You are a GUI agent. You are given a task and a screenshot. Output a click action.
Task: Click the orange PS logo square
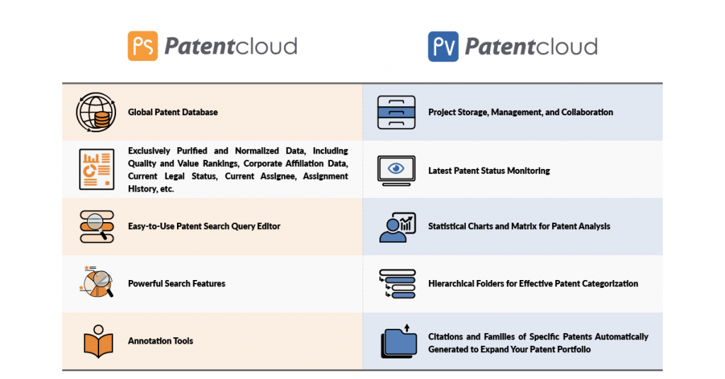point(143,46)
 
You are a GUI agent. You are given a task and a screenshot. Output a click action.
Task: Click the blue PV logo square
point(443,46)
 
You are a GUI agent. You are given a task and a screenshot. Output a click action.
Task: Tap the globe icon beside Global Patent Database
point(96,112)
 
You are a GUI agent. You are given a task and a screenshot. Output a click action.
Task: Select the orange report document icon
point(96,170)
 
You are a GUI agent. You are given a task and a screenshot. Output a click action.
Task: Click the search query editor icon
point(96,227)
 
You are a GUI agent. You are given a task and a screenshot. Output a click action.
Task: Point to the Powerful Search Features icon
point(96,281)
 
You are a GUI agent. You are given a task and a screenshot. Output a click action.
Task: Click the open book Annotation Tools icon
point(98,341)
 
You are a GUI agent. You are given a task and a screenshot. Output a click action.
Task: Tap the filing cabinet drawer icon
point(396,112)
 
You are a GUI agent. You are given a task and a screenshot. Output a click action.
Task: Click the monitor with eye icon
point(396,170)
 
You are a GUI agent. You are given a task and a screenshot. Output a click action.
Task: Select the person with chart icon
point(397,227)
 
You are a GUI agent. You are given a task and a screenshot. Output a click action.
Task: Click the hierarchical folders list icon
point(397,284)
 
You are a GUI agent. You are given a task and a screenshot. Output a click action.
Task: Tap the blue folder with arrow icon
point(399,341)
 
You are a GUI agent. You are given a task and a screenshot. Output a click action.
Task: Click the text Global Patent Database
point(173,112)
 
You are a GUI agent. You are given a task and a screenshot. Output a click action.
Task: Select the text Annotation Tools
point(161,341)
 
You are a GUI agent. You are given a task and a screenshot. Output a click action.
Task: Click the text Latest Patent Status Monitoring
point(489,171)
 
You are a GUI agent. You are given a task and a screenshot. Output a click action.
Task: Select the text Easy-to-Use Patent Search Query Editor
point(205,226)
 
